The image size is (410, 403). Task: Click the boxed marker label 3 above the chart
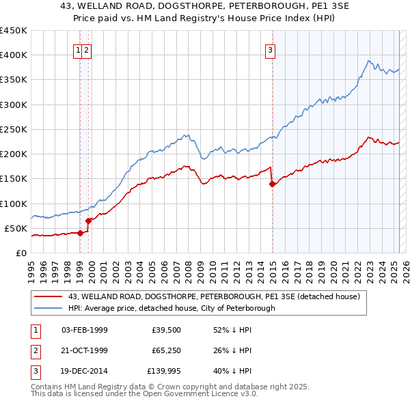[271, 49]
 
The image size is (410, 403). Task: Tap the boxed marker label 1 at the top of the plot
[79, 49]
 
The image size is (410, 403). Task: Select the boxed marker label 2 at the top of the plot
[88, 49]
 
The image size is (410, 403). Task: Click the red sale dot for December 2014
[272, 183]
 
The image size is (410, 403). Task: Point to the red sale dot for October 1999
[88, 220]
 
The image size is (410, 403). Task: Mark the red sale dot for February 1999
[80, 233]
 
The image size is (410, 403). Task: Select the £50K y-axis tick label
[16, 228]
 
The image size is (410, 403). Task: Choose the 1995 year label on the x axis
[31, 268]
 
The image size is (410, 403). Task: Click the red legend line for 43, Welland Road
[48, 296]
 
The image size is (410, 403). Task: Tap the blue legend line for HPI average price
[48, 308]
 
